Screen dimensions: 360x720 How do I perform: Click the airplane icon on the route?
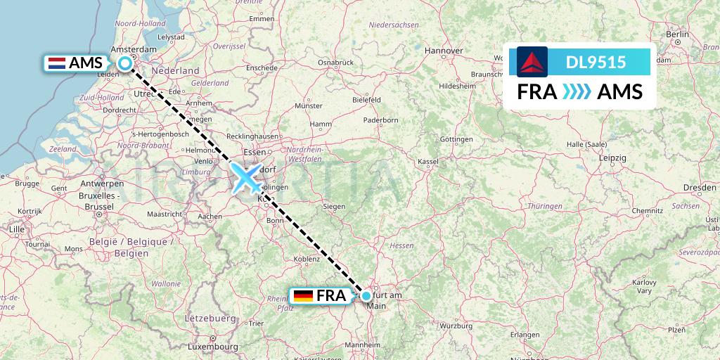(246, 177)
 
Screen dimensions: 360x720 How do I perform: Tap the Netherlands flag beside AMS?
(56, 63)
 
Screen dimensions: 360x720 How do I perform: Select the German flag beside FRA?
(304, 296)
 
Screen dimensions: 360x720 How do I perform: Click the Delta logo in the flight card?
(532, 62)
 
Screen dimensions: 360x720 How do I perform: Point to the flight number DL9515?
(596, 63)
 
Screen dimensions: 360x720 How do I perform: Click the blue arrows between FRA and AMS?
(577, 92)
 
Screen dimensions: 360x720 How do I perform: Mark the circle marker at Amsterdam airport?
(125, 63)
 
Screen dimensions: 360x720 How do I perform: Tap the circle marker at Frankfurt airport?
(366, 296)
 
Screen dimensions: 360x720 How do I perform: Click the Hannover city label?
(444, 51)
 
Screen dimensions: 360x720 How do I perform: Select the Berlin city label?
(678, 34)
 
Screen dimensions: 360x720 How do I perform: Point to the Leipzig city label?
(613, 158)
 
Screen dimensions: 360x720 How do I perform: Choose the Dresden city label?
(699, 188)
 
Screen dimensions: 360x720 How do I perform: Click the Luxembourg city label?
(213, 347)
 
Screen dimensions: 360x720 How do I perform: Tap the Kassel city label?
(428, 161)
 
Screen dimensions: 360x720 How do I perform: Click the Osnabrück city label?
(335, 63)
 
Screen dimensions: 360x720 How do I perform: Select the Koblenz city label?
(307, 259)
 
